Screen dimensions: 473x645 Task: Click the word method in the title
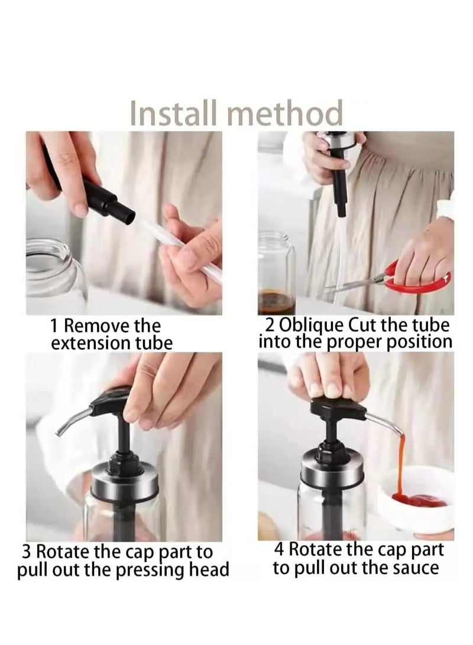coord(285,113)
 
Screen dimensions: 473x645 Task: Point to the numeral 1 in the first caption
coord(54,326)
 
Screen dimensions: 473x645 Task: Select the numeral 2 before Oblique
coord(270,325)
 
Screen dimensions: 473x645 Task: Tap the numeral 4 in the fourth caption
coord(279,549)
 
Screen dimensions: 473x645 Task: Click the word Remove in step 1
coord(95,326)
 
